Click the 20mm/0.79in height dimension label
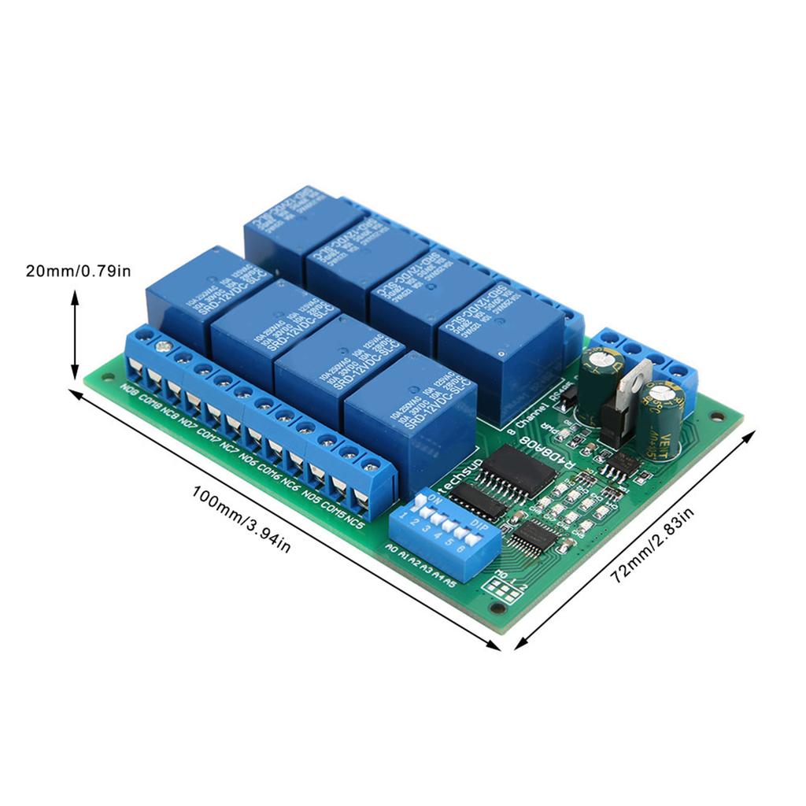(x=78, y=272)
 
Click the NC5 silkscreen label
(x=353, y=523)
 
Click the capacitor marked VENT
(x=662, y=421)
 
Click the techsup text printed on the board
(x=454, y=481)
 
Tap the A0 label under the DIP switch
(x=391, y=545)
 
